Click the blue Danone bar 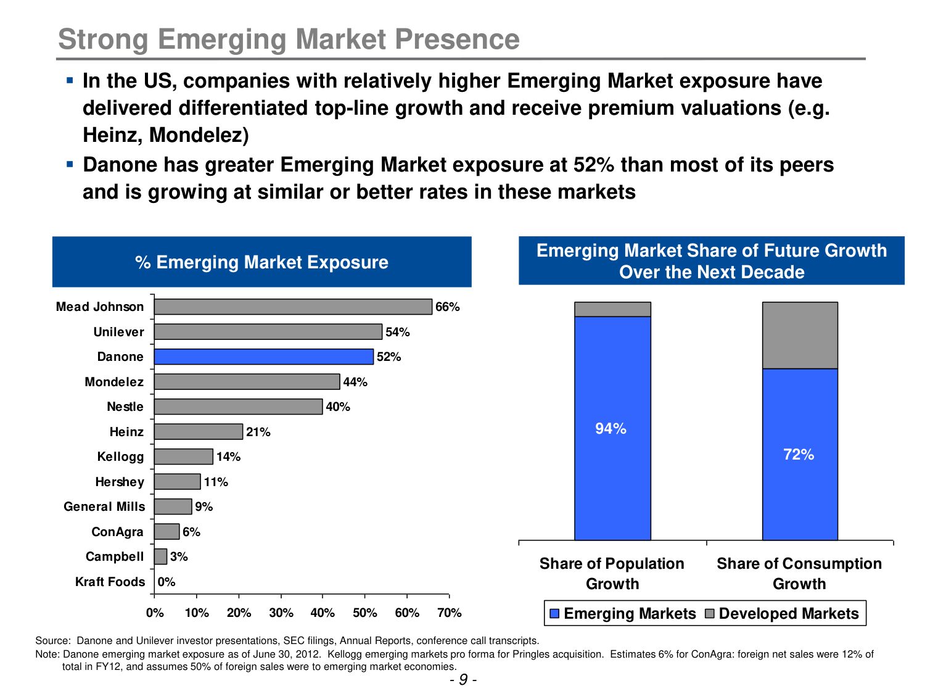point(263,357)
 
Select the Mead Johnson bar point(293,307)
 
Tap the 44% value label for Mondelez point(355,382)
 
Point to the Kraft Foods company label point(110,582)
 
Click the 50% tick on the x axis point(364,613)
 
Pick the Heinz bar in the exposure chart point(198,432)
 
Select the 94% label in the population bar point(610,429)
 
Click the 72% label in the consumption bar point(799,455)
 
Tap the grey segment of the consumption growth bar point(800,335)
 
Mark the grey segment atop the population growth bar point(612,309)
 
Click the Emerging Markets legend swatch point(554,614)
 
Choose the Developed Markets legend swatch point(709,614)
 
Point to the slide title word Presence point(457,39)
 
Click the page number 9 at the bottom point(463,680)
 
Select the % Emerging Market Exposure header point(261,262)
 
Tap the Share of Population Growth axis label point(612,573)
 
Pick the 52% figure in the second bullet point(593,165)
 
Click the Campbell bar point(160,556)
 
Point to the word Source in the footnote point(52,640)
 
